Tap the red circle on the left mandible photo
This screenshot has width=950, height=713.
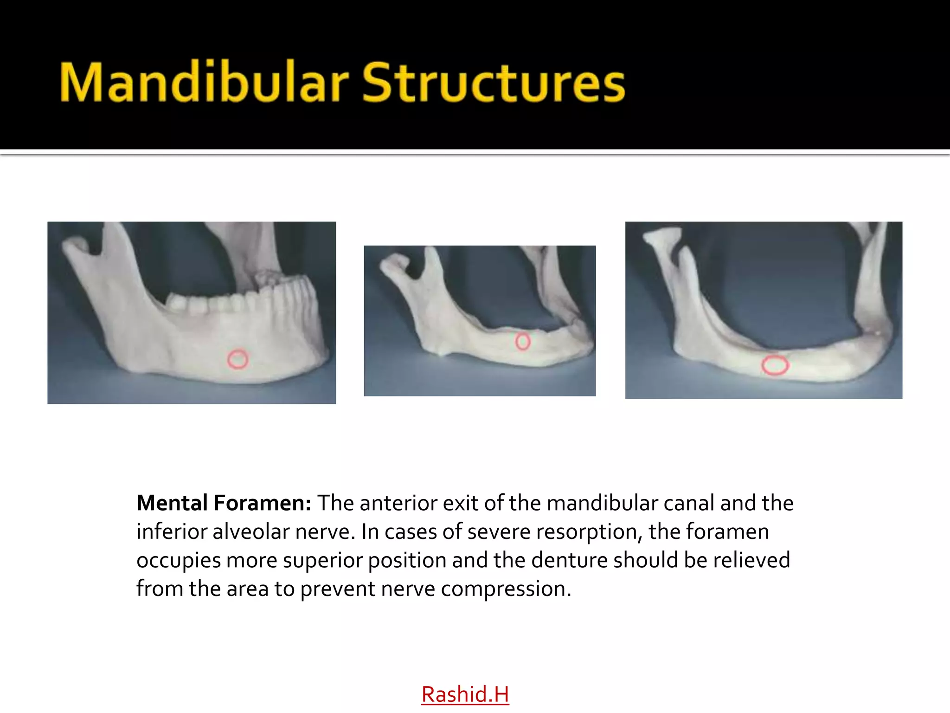pyautogui.click(x=238, y=359)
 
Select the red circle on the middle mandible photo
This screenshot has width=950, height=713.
pyautogui.click(x=523, y=342)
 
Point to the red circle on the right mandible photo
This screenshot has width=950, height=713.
pyautogui.click(x=775, y=365)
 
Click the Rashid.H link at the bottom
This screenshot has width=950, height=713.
pyautogui.click(x=465, y=694)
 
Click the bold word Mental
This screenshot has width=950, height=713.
pyautogui.click(x=172, y=503)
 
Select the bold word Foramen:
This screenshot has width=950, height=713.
pyautogui.click(x=263, y=503)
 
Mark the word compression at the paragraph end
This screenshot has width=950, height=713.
pyautogui.click(x=506, y=590)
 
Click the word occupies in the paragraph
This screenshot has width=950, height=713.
pyautogui.click(x=178, y=561)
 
